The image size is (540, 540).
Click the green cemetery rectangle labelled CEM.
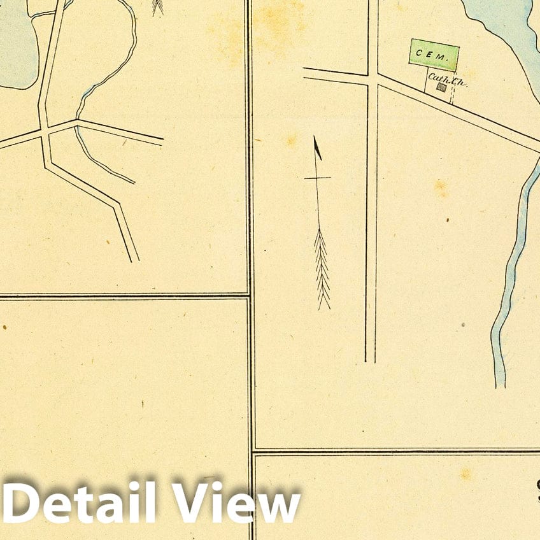(434, 55)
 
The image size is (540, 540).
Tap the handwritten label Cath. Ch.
(443, 78)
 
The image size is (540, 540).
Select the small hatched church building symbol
(440, 87)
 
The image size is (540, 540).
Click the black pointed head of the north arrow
(317, 148)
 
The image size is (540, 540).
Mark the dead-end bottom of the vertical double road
(370, 359)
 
